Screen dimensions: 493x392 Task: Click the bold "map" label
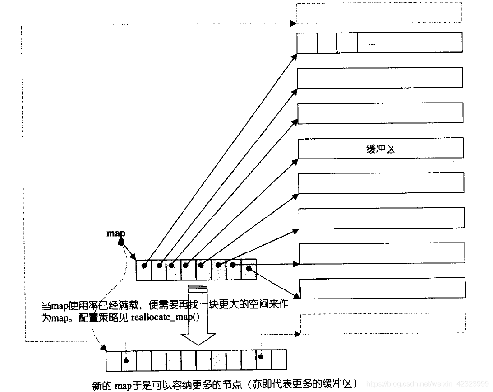point(116,233)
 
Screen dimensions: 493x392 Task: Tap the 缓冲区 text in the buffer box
point(380,149)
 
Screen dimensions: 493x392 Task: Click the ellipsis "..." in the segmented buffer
point(372,44)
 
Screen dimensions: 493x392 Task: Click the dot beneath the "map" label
point(121,242)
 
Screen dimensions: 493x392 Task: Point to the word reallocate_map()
point(165,317)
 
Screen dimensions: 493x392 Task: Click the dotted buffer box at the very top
point(379,12)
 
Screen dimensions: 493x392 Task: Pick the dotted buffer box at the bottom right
point(383,323)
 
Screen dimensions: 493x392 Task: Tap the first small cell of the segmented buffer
point(307,43)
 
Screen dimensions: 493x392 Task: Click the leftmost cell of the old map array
point(144,270)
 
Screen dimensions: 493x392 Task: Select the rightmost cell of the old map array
point(249,269)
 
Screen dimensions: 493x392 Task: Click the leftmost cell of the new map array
point(114,361)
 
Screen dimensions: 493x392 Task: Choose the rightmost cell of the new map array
point(279,359)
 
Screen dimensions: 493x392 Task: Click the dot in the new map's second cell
point(126,360)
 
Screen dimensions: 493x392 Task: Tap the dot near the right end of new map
point(261,357)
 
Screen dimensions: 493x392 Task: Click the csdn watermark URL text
point(428,383)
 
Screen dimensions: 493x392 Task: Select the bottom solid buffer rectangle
point(382,288)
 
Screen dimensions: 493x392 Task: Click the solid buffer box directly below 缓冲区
point(382,183)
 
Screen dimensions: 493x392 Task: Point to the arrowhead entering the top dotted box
point(293,23)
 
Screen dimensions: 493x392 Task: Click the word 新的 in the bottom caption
point(102,385)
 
